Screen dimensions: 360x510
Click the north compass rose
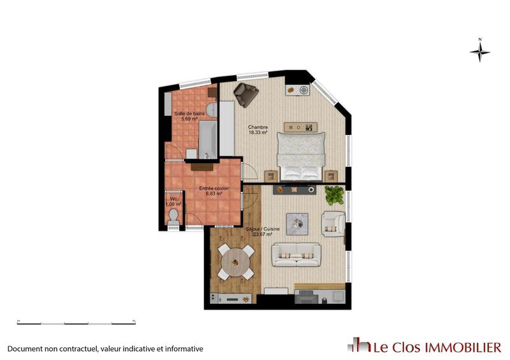click(479, 51)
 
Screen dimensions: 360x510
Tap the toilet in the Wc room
click(172, 218)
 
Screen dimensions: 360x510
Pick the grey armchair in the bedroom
click(245, 94)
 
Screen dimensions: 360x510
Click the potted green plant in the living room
click(333, 194)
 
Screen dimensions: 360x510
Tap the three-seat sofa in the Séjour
click(296, 254)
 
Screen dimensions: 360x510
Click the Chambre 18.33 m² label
click(258, 130)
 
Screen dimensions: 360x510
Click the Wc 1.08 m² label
click(173, 202)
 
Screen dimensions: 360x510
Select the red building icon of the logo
click(359, 345)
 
